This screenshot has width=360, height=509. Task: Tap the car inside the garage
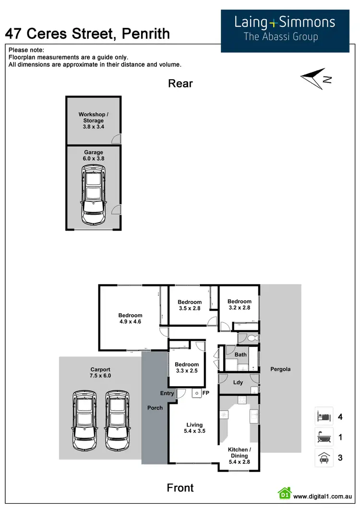(x=94, y=195)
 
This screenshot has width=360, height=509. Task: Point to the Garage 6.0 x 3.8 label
(x=94, y=155)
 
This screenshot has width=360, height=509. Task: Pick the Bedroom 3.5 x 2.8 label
(x=190, y=306)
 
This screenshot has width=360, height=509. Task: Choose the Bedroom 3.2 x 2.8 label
(x=239, y=305)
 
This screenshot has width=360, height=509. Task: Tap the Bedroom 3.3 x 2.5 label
(x=187, y=367)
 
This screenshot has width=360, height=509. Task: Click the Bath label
(x=240, y=355)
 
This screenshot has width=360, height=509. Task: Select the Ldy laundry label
(x=238, y=382)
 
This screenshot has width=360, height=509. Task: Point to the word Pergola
(x=280, y=369)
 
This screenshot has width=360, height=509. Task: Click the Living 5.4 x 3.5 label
(x=194, y=428)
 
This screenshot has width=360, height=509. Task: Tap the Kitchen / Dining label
(x=239, y=456)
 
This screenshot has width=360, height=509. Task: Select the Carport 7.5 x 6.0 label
(x=100, y=373)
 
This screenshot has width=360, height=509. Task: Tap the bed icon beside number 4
(x=323, y=416)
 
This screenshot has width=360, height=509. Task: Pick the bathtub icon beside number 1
(x=323, y=437)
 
